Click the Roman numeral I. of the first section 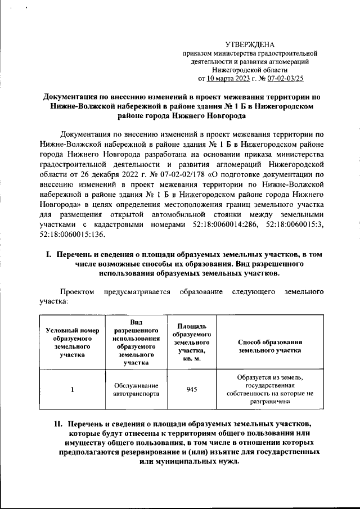click(49, 255)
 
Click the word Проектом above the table click(78, 292)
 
